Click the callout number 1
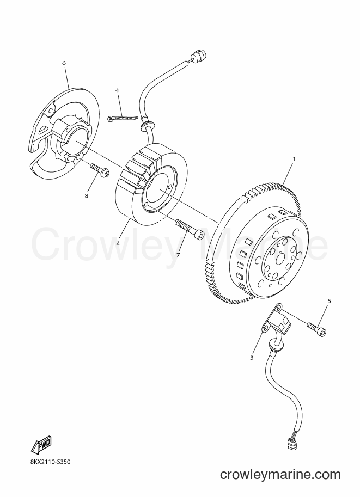point(294,159)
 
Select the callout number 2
point(118,243)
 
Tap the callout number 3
point(252,358)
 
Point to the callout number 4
point(117,90)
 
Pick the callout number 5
point(329,301)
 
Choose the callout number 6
point(64,63)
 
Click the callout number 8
point(86,195)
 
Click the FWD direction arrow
point(41,444)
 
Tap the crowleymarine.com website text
point(280,474)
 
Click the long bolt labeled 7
point(190,229)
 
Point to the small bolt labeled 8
point(100,170)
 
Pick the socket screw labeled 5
point(316,328)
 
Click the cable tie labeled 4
point(123,119)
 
